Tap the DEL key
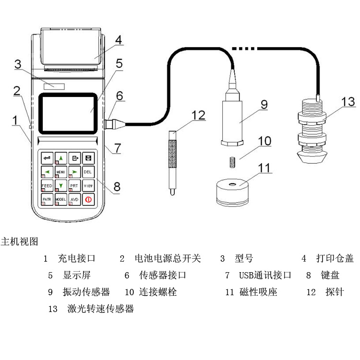(88, 171)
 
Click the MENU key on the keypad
(61, 171)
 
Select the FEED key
(47, 185)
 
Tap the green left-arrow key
(47, 171)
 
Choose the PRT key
(74, 185)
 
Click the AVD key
(74, 199)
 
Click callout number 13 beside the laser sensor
(348, 102)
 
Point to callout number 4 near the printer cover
(118, 40)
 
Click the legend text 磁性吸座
(258, 291)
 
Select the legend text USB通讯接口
(265, 275)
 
